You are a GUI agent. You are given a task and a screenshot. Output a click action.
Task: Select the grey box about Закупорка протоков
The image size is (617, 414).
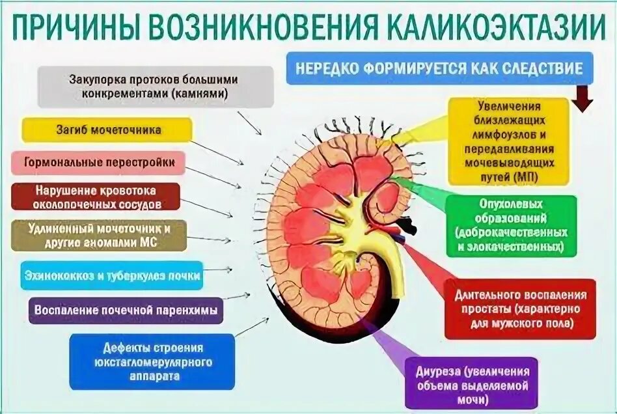tap(154, 87)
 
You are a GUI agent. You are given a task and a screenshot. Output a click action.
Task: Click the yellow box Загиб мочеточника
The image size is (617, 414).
tap(107, 130)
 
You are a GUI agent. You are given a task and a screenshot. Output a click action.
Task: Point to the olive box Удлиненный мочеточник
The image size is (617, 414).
tap(99, 235)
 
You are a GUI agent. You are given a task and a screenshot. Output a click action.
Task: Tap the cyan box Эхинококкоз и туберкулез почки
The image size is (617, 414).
tap(111, 275)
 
